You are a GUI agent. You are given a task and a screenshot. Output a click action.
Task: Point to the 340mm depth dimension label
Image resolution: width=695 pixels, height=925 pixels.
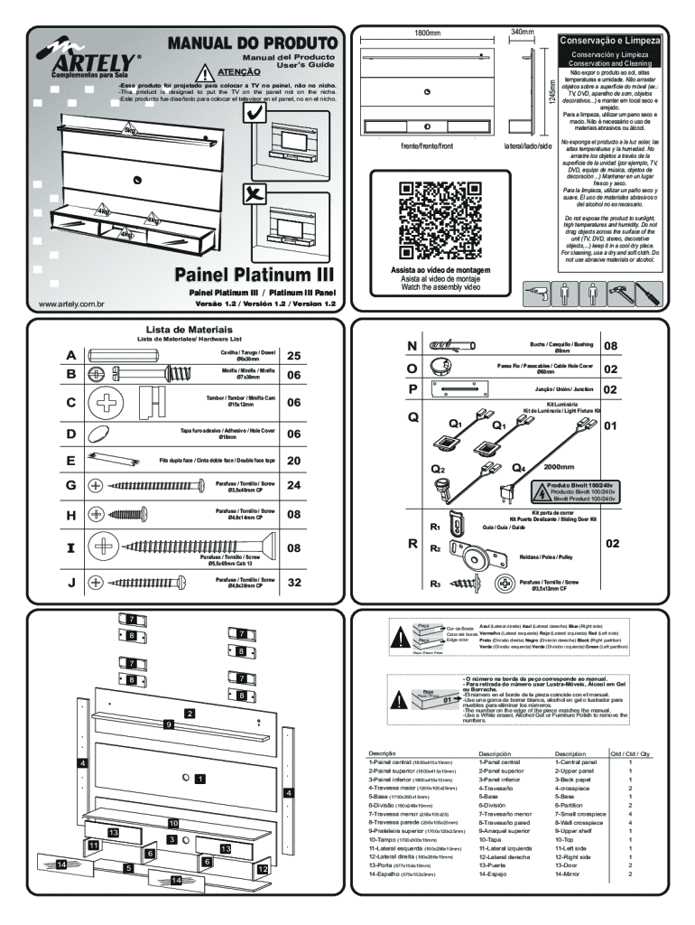pos(523,33)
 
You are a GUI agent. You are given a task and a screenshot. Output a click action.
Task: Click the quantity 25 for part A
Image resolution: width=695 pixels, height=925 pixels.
pos(293,357)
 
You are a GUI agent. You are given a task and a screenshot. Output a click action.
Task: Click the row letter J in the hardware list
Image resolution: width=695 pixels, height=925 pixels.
pos(70,583)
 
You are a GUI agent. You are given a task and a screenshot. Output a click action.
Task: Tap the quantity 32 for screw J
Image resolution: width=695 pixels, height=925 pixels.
pos(293,583)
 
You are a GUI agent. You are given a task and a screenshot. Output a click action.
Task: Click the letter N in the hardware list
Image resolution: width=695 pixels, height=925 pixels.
pos(412,346)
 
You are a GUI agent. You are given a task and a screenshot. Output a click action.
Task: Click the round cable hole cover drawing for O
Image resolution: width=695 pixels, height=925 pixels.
pos(442,369)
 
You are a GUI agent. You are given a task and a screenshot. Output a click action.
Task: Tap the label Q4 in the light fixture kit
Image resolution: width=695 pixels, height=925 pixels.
pos(519,468)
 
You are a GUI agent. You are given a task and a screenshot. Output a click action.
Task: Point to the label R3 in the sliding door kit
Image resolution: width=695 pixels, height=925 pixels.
pos(434,584)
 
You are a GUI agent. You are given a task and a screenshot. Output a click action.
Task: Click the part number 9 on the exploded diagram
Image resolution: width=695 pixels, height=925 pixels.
pos(168,724)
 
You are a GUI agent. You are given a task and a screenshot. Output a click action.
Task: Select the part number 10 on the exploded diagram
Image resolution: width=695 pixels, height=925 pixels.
pos(172,823)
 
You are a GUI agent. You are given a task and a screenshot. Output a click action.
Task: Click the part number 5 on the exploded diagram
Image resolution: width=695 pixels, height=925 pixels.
pos(129,867)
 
